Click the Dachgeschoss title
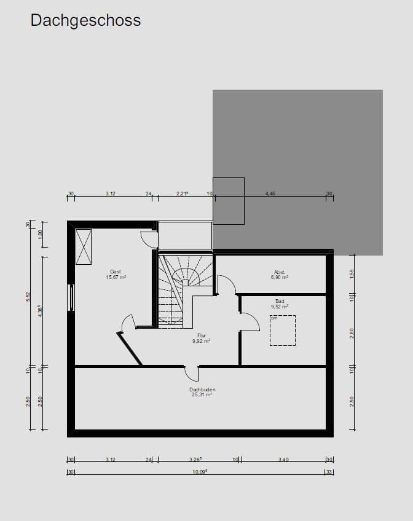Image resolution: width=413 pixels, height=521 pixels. [85, 20]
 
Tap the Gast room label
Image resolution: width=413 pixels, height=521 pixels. [116, 272]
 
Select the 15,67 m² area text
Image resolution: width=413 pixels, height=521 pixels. [116, 277]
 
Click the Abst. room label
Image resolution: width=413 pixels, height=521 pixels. [280, 272]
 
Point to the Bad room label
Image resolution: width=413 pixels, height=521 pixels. [280, 301]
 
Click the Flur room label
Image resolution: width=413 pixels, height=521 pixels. [201, 335]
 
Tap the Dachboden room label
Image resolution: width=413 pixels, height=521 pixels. [202, 390]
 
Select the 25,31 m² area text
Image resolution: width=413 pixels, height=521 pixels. [202, 395]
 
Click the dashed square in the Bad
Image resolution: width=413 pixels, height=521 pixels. [283, 331]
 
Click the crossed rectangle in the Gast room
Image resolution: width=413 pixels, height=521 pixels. [84, 246]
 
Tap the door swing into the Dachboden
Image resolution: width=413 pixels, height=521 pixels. [192, 373]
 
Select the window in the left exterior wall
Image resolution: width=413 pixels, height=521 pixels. [72, 297]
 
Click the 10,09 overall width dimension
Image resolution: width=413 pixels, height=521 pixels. [199, 472]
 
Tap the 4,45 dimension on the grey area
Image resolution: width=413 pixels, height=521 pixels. [270, 194]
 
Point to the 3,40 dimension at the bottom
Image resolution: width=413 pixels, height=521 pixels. [283, 460]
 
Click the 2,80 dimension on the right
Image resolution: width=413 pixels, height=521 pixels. [352, 333]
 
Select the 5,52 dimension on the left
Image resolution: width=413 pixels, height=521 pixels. [28, 296]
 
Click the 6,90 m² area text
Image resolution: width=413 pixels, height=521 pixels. [280, 278]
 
